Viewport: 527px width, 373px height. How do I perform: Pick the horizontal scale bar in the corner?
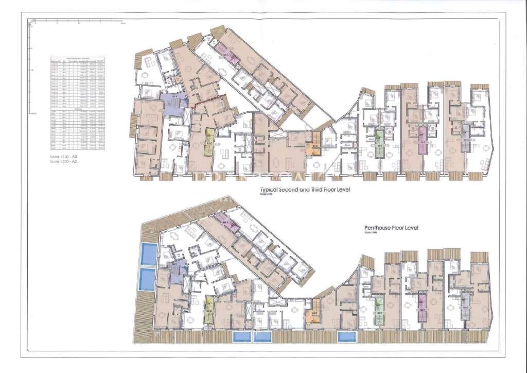(78, 22)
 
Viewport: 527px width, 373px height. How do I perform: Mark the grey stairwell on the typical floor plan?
(465, 137)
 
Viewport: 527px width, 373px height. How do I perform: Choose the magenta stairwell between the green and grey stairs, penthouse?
(422, 307)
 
